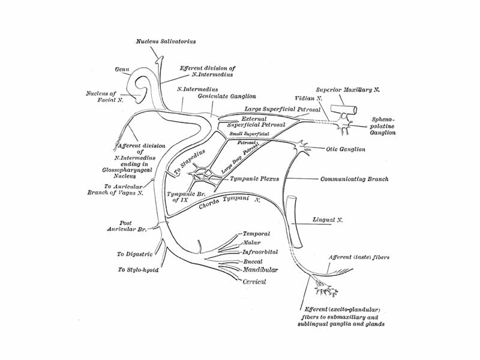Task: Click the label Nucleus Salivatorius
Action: coord(166,41)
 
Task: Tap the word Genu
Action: coord(122,69)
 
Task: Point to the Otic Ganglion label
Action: coord(345,149)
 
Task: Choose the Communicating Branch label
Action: coord(354,179)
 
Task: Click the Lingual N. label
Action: coord(328,220)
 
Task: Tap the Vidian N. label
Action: coord(309,97)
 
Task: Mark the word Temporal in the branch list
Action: coord(256,234)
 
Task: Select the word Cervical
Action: coord(254,281)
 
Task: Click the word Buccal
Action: coord(253,262)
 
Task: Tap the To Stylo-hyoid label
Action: coord(139,270)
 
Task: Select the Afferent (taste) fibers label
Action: coord(359,257)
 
